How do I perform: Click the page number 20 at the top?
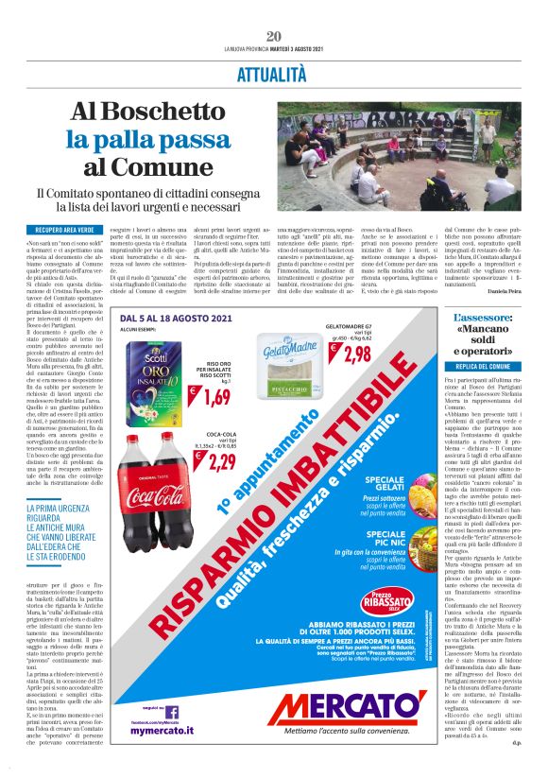(274, 36)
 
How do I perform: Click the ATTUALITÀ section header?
(274, 73)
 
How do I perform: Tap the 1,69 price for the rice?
(216, 394)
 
